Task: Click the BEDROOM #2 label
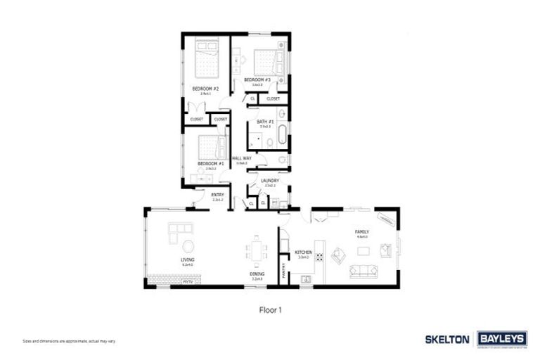[x=205, y=89]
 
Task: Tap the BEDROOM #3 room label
[x=257, y=80]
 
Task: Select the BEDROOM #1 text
[x=210, y=163]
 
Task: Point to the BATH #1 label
[x=265, y=122]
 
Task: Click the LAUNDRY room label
[x=270, y=181]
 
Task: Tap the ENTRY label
[x=218, y=195]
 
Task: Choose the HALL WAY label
[x=242, y=158]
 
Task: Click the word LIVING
[x=187, y=260]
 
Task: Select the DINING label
[x=257, y=274]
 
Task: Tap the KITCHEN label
[x=303, y=252]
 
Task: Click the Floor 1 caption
[x=270, y=308]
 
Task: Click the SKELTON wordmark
[x=447, y=339]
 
